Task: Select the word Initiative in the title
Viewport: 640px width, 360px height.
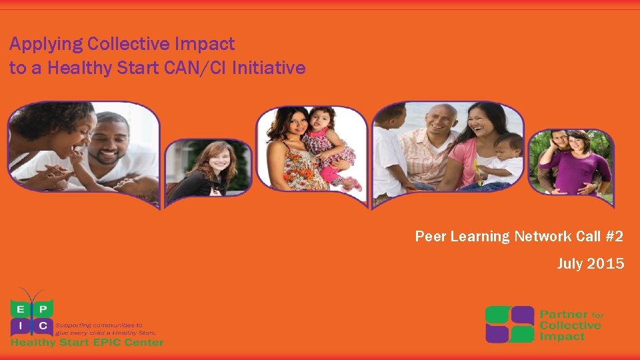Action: coord(269,68)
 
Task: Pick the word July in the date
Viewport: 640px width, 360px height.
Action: coord(570,265)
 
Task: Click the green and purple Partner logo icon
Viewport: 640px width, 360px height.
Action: coord(510,324)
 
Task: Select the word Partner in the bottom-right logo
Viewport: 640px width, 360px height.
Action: coord(564,314)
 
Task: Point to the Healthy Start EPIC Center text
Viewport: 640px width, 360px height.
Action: coord(87,342)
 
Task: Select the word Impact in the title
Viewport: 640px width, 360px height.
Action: coord(205,45)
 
